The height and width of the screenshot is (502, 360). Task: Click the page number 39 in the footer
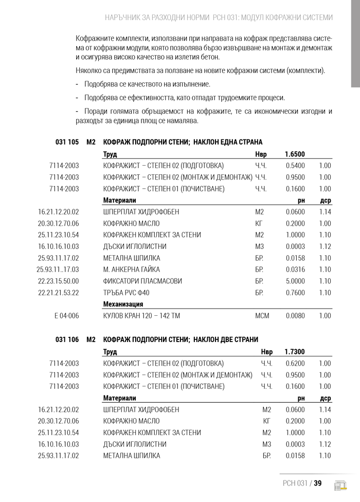pyautogui.click(x=317, y=483)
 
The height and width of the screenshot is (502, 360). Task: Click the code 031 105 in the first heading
pyautogui.click(x=67, y=142)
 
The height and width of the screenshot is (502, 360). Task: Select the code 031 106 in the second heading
pyautogui.click(x=67, y=339)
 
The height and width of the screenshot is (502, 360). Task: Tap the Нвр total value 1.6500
pyautogui.click(x=295, y=154)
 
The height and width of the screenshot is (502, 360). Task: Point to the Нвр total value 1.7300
pyautogui.click(x=295, y=352)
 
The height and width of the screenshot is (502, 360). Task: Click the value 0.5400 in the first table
pyautogui.click(x=295, y=166)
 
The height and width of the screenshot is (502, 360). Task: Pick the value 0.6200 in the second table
pyautogui.click(x=295, y=363)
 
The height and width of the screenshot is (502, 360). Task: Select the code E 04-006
pyautogui.click(x=66, y=316)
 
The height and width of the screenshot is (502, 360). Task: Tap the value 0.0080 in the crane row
pyautogui.click(x=295, y=316)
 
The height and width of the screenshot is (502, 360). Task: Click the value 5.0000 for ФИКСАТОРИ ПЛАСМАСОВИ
pyautogui.click(x=295, y=281)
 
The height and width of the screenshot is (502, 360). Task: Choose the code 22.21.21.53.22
pyautogui.click(x=59, y=293)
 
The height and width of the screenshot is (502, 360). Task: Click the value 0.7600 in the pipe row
pyautogui.click(x=295, y=293)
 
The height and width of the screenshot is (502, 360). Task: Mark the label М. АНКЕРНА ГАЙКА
pyautogui.click(x=132, y=270)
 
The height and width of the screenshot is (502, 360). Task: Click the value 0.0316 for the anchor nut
pyautogui.click(x=295, y=270)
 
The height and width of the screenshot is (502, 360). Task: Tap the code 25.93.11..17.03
pyautogui.click(x=58, y=270)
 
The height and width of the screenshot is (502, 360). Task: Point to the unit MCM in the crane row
pyautogui.click(x=262, y=316)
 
